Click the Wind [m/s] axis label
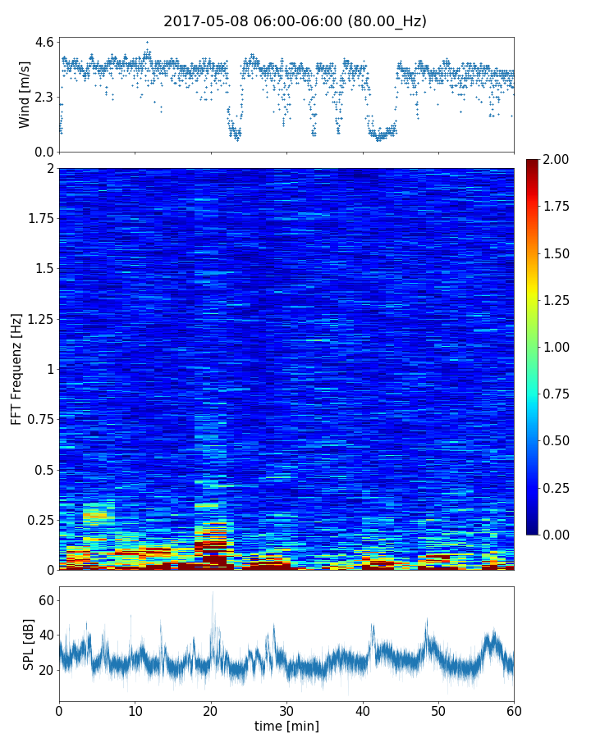coord(25,93)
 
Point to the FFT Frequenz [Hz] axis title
coord(16,368)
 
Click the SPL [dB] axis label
coord(29,643)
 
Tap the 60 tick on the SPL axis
coord(45,601)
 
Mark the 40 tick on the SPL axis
coord(45,635)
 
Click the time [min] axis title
coord(286,726)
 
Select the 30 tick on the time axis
coord(286,709)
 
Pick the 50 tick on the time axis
coord(438,709)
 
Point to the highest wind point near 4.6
coord(148,42)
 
